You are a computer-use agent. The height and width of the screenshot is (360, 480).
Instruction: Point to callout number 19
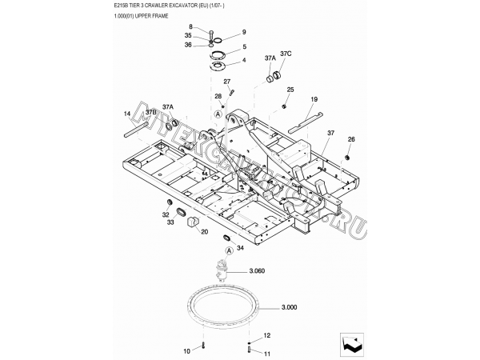[x=314, y=98]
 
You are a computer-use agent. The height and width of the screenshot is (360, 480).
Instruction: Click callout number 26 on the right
[x=350, y=139]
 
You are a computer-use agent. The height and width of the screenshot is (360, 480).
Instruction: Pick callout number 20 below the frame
[x=204, y=232]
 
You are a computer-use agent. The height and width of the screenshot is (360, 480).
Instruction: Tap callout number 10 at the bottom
[x=187, y=350]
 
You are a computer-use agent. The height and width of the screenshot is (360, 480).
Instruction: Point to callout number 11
[x=267, y=353]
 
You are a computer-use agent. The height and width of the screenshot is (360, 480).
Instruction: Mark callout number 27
[x=227, y=82]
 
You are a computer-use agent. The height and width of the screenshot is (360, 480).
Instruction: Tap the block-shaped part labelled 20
[x=192, y=222]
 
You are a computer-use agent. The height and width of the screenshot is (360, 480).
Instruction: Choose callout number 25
[x=290, y=90]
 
